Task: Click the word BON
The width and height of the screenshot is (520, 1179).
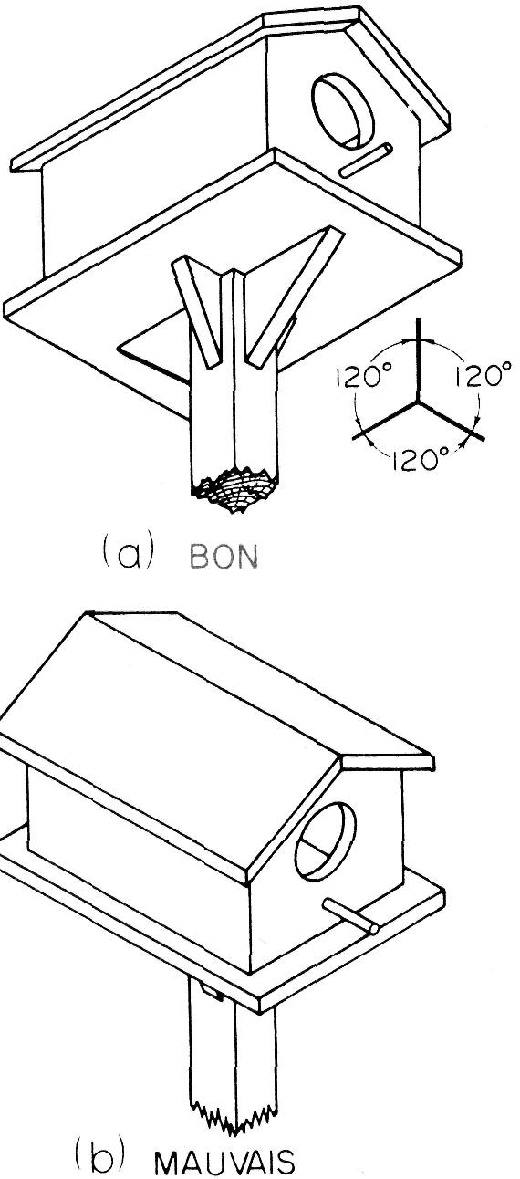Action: (224, 558)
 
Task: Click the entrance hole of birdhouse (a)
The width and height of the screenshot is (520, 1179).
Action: (343, 110)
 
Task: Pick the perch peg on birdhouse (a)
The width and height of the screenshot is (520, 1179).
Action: (366, 160)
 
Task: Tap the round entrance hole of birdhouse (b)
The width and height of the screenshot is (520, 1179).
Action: (325, 841)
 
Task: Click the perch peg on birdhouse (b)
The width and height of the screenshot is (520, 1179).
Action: (351, 917)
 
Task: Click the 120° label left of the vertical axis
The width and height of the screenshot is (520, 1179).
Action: (360, 378)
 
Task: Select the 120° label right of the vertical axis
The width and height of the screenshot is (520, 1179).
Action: (483, 376)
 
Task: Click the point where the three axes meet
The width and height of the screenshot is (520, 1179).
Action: (419, 401)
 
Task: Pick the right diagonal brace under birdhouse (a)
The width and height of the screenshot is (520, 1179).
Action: (295, 297)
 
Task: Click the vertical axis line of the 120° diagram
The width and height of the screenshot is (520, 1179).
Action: (419, 359)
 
